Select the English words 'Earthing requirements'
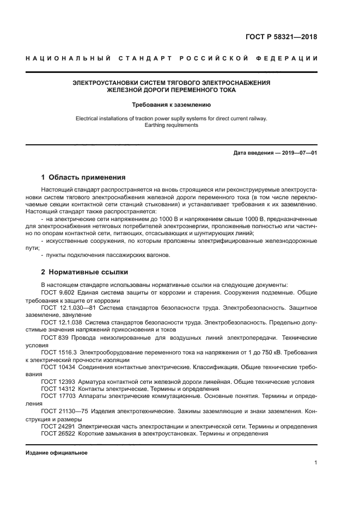pos(172,125)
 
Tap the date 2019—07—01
pos(298,153)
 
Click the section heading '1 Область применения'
pos(83,177)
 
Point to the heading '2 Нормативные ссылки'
pos(84,272)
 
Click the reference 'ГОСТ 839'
pos(55,338)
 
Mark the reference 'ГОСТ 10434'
pos(59,367)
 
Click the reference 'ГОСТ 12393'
pos(59,382)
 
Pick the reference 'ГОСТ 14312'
pos(59,389)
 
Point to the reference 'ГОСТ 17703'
pos(59,397)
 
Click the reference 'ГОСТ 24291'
pos(59,426)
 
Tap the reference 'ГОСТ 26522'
pos(59,434)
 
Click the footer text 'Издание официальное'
pos(56,453)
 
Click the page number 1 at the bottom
pos(315,463)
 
